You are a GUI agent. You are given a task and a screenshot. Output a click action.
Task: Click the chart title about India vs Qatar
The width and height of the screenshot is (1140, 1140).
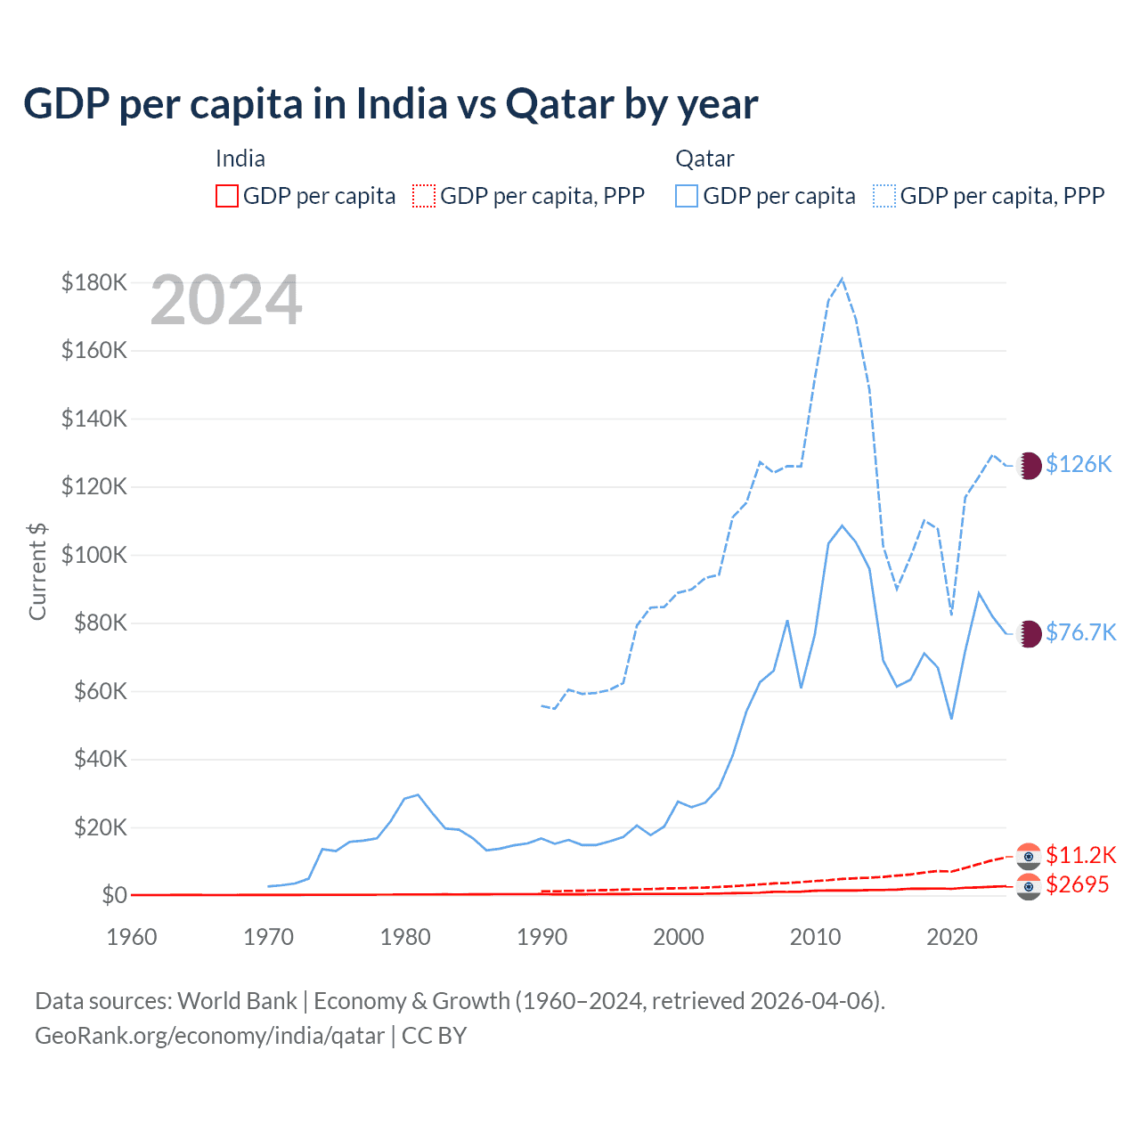pos(390,104)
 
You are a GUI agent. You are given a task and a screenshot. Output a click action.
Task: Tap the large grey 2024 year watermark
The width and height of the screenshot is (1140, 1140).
pos(226,301)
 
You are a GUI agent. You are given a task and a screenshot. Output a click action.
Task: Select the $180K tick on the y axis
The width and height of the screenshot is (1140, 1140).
pos(94,282)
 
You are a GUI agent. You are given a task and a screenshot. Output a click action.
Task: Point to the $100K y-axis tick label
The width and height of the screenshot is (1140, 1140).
pos(94,555)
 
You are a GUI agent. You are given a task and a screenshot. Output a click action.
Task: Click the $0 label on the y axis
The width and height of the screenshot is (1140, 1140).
pos(113,895)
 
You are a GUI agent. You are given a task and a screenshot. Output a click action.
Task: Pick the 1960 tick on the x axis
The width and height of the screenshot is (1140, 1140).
pos(132,937)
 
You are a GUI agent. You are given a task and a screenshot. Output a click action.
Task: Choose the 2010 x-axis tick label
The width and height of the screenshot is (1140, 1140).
pos(815,937)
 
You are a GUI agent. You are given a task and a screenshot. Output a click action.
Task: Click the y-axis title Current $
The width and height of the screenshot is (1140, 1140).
pos(37,571)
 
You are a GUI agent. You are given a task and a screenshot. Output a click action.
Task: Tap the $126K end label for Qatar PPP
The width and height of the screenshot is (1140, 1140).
pos(1079,464)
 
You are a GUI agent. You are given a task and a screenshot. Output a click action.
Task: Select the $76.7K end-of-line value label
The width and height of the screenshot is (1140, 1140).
pos(1080,632)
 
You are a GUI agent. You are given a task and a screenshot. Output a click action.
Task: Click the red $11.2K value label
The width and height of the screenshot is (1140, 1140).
pos(1080,855)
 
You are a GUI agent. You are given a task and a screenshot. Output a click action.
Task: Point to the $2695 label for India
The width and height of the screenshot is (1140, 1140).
pos(1078,884)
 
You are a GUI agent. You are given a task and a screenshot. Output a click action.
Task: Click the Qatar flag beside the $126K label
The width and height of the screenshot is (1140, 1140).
pos(1029,465)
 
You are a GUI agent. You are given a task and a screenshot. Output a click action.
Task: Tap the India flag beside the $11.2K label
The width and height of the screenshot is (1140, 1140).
pos(1029,856)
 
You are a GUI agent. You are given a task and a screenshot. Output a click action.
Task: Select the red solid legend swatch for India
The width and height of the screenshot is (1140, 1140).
pos(227,196)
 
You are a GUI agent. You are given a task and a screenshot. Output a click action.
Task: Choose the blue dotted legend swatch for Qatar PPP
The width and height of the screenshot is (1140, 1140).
pos(884,196)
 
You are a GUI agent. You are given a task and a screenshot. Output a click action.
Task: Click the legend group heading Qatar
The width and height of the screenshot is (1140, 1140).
pos(704,159)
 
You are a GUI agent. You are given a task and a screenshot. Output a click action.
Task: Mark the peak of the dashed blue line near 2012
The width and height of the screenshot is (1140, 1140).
pos(842,279)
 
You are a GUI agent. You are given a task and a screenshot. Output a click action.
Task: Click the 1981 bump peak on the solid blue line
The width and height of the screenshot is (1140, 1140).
pos(418,794)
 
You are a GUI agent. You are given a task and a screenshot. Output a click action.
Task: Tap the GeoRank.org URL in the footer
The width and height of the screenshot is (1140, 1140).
pos(209,1036)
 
